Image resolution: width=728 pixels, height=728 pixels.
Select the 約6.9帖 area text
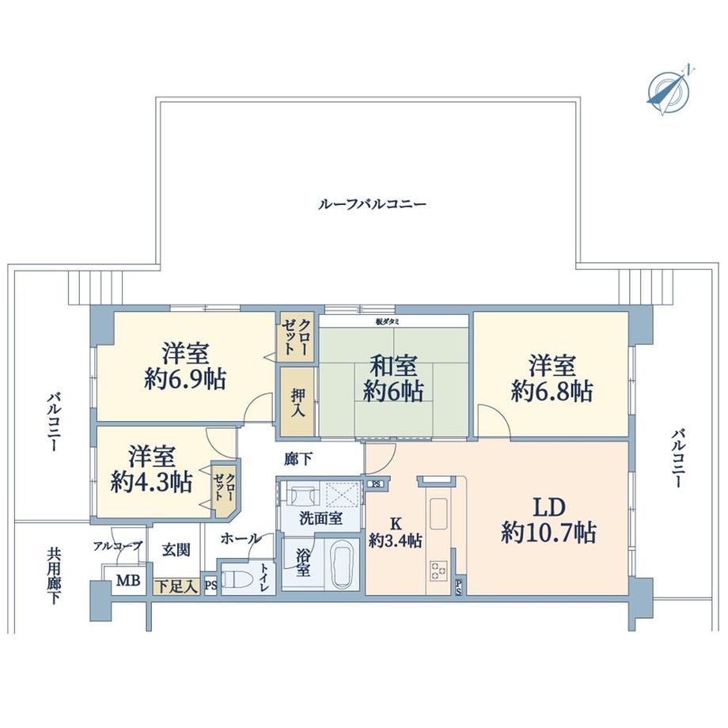pyautogui.click(x=185, y=380)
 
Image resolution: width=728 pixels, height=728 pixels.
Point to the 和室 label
pyautogui.click(x=393, y=366)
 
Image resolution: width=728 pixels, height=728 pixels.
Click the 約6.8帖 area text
pyautogui.click(x=552, y=390)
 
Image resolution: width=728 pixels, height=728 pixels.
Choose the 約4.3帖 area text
pyautogui.click(x=151, y=482)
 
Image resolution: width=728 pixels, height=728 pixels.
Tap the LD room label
pyautogui.click(x=548, y=507)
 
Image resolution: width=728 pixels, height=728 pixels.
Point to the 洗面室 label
pyautogui.click(x=320, y=520)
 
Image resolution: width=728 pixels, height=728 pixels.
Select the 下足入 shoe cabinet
pyautogui.click(x=176, y=586)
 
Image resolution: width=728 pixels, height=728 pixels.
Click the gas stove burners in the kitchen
pyautogui.click(x=438, y=569)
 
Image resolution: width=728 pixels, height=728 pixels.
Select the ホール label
pyautogui.click(x=241, y=539)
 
